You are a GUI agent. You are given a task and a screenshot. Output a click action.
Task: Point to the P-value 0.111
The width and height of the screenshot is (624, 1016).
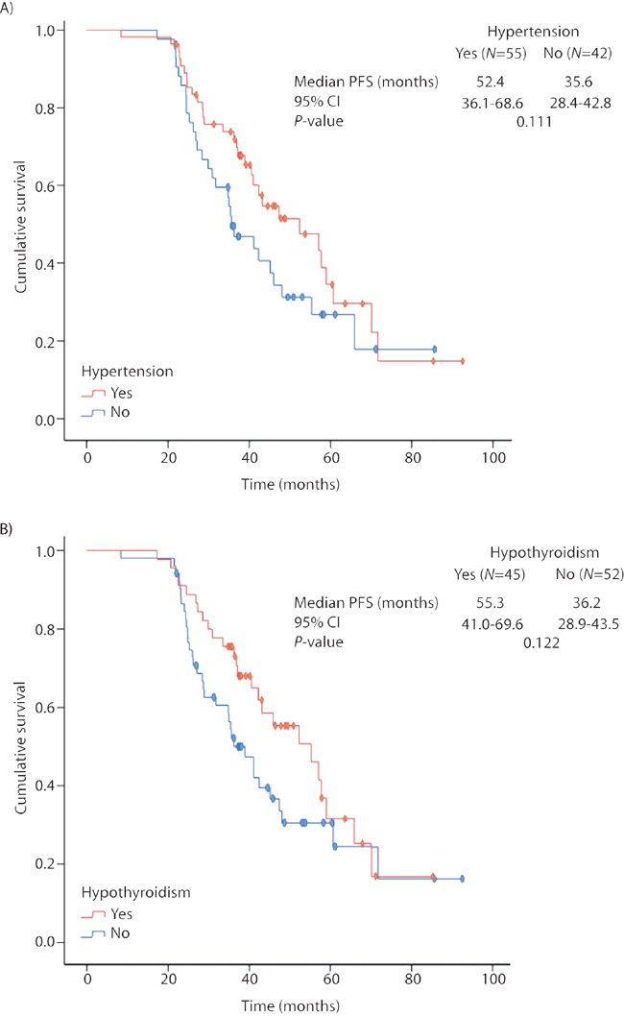click(x=533, y=121)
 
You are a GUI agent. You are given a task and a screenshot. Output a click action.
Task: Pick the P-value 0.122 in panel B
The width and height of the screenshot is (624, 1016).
click(x=541, y=642)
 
